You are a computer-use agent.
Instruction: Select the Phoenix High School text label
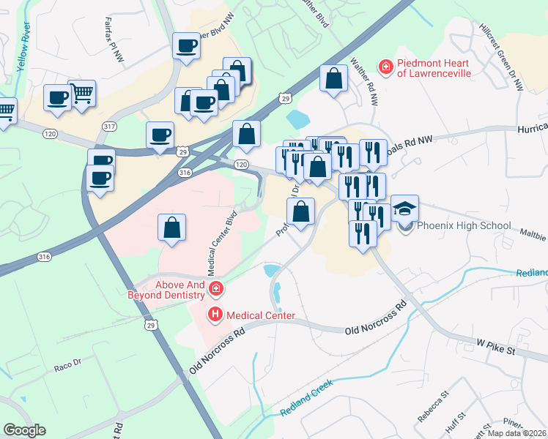[463, 225]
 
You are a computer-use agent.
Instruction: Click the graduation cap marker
[404, 209]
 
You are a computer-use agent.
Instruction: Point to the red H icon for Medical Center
[215, 315]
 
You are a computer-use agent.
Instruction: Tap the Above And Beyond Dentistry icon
[215, 289]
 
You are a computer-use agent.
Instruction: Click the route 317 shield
[110, 127]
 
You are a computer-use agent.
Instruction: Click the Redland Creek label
[307, 399]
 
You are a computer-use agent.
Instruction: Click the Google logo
[24, 430]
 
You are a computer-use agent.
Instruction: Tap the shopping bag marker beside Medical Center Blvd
[171, 227]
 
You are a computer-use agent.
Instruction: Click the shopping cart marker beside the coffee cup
[83, 93]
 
